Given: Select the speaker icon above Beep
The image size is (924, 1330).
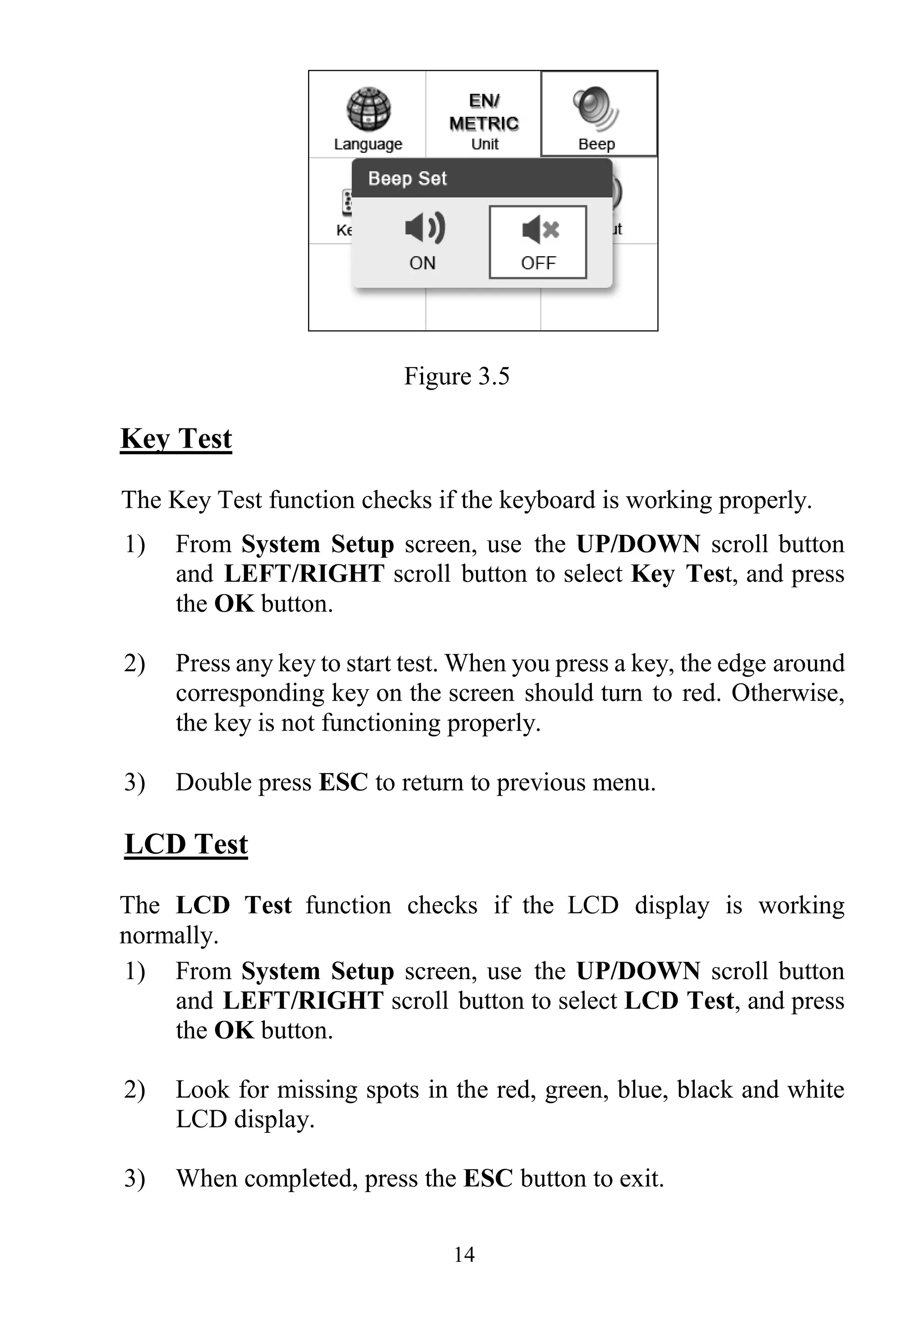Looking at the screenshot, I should point(596,108).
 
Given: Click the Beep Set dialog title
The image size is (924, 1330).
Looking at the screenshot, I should point(407,179).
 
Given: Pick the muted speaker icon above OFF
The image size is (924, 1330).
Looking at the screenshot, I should point(540,230).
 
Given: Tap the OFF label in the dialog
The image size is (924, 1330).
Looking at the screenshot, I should point(538,263).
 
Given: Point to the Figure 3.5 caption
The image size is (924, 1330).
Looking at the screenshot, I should point(457,376).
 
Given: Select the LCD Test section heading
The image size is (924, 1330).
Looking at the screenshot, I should point(186,844).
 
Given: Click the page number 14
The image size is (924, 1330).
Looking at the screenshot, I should point(464,1255).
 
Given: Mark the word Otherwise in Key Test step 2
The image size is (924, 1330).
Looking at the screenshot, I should point(787,693).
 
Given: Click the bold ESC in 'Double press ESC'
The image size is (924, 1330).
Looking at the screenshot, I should point(343,782).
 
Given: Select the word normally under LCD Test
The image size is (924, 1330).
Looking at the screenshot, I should point(168,935).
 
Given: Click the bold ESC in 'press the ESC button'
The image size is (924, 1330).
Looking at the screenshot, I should point(488,1179).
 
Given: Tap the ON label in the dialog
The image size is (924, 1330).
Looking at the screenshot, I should point(422,263).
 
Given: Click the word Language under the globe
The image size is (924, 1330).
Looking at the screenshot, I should point(368,144).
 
